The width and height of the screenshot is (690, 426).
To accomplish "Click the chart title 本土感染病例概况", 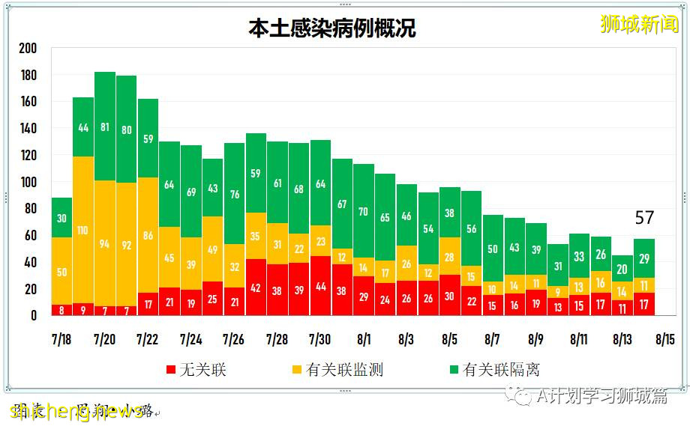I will coord(332,28).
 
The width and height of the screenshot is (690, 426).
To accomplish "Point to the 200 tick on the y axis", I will coord(28,49).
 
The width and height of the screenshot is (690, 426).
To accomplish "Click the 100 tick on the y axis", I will coord(28,183).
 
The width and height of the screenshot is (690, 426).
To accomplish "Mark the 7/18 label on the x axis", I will coord(61,339).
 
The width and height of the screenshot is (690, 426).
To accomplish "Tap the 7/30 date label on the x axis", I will coord(320,339).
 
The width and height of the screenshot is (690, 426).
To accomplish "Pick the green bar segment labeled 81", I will coord(105,127).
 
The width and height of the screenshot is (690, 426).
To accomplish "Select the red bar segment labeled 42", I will coord(256,287).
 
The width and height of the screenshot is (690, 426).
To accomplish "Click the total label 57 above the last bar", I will coord(644,219).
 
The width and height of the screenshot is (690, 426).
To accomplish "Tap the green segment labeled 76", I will coord(234,194).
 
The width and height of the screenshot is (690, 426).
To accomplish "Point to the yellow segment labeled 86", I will coord(148,235).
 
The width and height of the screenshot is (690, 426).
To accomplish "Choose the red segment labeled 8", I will coord(61,310).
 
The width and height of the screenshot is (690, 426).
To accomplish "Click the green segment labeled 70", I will coord(364,211).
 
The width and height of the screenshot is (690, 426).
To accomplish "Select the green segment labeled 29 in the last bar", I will coord(644,258).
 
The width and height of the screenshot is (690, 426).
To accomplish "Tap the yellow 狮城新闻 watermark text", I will coord(639,24).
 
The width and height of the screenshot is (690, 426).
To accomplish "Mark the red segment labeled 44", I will coord(320,286).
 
